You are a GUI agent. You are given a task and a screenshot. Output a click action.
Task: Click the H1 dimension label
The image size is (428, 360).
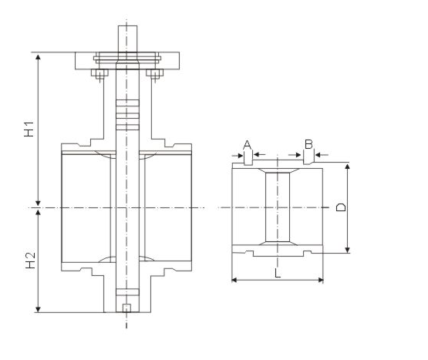coord(29,129)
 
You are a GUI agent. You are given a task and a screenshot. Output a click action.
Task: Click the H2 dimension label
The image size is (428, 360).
coord(30,261)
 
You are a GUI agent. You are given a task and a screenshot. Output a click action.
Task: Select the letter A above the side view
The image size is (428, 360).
coord(247,145)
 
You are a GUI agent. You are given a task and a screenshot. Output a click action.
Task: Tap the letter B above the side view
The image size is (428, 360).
coord(308,144)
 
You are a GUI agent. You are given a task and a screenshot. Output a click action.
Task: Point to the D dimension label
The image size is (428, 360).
coord(341,207)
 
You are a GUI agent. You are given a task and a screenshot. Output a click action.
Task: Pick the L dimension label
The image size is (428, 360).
coord(278,273)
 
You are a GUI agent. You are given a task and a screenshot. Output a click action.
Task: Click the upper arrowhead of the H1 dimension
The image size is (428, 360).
coord(39,57)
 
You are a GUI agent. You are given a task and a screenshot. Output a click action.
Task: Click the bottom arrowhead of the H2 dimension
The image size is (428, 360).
coord(39,309)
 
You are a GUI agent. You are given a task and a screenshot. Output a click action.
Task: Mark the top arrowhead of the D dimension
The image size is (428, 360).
coord(347,167)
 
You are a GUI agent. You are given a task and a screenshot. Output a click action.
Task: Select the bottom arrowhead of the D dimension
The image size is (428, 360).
coord(347,250)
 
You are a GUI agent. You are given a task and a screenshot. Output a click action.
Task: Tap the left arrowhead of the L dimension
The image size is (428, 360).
coord(234,280)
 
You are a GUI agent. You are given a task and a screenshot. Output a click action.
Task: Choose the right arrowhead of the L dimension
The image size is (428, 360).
coord(321,280)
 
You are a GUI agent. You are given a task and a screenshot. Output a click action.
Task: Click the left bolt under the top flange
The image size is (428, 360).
coord(100,74)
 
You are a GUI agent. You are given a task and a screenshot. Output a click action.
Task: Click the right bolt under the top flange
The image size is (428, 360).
coord(155,74)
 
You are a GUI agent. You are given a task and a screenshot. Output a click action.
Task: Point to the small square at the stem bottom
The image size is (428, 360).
coord(126,308)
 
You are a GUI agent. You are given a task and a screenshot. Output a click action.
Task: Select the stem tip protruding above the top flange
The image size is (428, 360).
coord(127,39)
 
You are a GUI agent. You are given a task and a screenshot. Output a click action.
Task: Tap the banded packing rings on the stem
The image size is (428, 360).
coord(127,115)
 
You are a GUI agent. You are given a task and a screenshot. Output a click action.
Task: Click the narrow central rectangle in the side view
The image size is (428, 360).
coord(278,207)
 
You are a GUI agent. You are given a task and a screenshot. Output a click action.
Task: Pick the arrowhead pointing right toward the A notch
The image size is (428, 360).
coord(240,156)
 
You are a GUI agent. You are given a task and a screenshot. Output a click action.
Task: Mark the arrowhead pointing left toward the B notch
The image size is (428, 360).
coord(318,155)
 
